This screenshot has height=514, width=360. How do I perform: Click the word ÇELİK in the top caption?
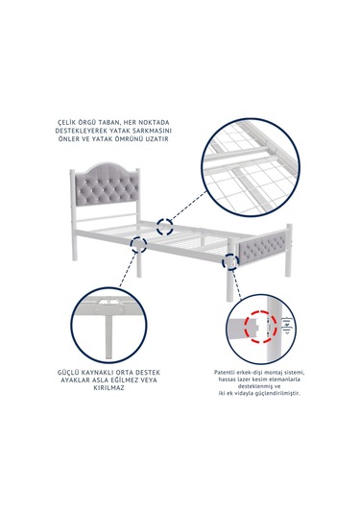coord(66,123)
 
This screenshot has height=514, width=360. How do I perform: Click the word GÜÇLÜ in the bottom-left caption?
coord(68,373)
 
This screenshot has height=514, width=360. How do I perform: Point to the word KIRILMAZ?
coord(108,388)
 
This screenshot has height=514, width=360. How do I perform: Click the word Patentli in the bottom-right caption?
coord(225,373)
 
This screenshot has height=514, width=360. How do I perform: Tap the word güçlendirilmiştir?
coord(279,393)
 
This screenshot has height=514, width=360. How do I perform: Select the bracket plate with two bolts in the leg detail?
coord(108,309)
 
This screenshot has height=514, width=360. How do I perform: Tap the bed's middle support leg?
coord(139,262)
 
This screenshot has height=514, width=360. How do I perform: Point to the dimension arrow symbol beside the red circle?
coord(287,325)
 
